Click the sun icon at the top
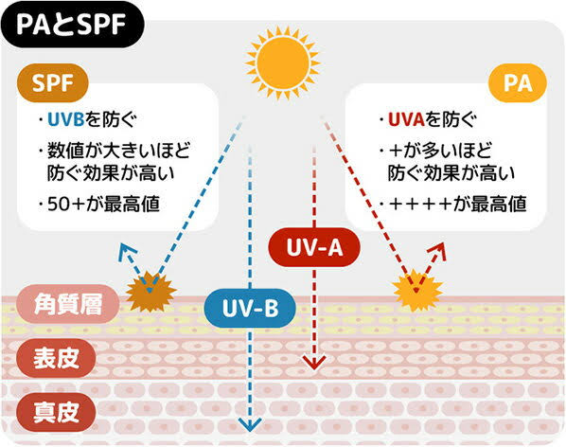(283, 63)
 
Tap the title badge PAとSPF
(72, 25)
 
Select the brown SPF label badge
(53, 82)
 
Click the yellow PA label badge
(518, 82)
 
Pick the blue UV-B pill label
(250, 308)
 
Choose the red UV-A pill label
(314, 247)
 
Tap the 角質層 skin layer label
(68, 304)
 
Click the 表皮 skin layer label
(56, 358)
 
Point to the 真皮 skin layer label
(56, 412)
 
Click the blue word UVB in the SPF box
(66, 119)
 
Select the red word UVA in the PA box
(406, 119)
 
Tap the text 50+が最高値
(103, 204)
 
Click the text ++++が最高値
(457, 204)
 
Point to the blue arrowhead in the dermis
(250, 424)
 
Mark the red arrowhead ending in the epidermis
(314, 362)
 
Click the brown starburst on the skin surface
(150, 292)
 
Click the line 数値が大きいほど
(118, 151)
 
